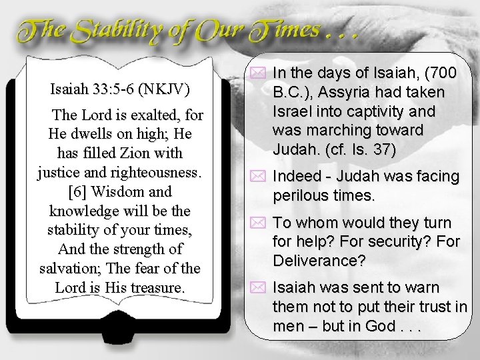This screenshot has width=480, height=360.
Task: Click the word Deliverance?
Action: tap(319, 261)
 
